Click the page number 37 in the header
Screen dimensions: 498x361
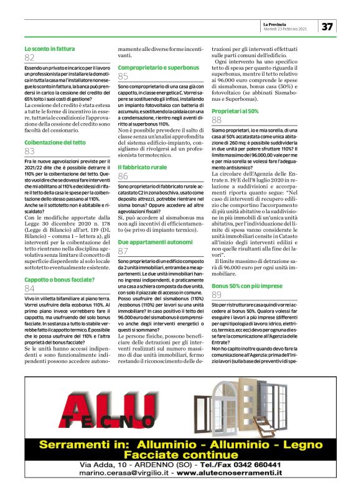(x=327, y=26)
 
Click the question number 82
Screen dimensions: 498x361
(x=30, y=57)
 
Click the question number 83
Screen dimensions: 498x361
(x=30, y=151)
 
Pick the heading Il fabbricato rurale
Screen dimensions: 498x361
(x=142, y=168)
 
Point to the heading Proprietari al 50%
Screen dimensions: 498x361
(x=235, y=110)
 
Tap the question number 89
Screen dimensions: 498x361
(x=217, y=295)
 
